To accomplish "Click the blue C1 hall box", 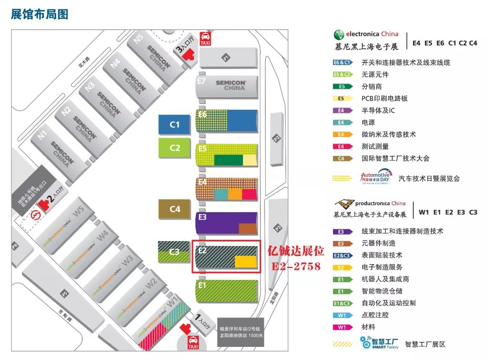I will tap(174, 124).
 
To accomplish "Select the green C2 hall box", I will tap(174, 148).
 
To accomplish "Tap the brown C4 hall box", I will tap(174, 209).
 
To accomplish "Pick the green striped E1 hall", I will tap(227, 291).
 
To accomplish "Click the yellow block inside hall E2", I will tap(246, 261).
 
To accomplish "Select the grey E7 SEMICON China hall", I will tap(228, 85).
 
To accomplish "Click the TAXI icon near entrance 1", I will tap(193, 342).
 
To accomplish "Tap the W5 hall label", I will tap(80, 211).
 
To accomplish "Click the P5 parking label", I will tap(65, 294).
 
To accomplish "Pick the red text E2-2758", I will tap(296, 266).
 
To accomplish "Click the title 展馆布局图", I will tap(39, 14).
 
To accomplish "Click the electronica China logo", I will tap(366, 34).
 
